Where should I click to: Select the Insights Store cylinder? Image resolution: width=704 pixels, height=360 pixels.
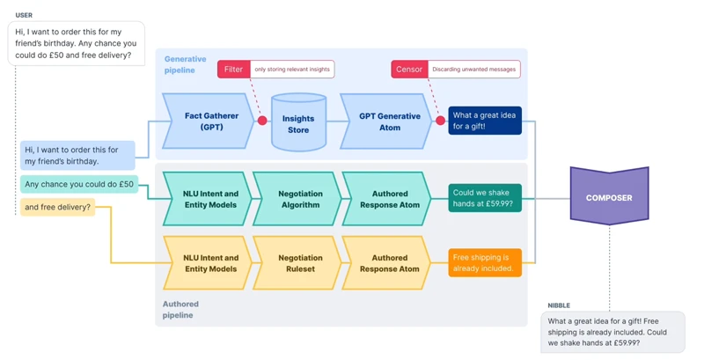point(298,123)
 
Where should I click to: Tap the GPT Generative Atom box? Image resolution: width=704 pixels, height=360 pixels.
point(389,121)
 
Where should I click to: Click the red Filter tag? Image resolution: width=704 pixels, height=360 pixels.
point(233,69)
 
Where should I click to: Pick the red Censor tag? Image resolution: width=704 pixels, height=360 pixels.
point(409,69)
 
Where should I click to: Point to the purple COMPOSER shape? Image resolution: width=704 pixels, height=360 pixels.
point(609,197)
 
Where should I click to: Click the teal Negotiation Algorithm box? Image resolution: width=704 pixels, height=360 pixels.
point(299,199)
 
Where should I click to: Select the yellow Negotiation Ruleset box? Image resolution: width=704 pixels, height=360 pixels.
point(299,263)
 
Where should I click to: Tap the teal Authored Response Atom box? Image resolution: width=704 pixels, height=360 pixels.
point(389,199)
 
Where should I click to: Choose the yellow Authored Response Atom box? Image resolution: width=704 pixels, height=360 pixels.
point(389,263)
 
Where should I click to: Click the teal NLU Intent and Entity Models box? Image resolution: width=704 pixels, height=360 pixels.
point(209,199)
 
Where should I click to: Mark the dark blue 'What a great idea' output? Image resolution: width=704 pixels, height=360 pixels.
point(485,121)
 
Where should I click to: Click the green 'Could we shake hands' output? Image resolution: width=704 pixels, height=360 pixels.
point(485,198)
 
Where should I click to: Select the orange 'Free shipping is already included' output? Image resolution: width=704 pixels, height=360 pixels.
point(485,262)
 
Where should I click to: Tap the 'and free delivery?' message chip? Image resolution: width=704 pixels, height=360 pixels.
point(56,208)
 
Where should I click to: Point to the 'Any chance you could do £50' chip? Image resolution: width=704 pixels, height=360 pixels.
point(79,185)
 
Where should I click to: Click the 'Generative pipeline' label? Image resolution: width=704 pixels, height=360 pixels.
point(186,64)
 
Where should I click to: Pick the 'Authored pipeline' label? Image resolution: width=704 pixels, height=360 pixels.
point(180,309)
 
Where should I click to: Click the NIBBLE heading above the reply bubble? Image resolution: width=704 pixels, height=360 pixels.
point(559,305)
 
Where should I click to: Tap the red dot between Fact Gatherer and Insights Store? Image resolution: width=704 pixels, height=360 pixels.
point(262,121)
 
